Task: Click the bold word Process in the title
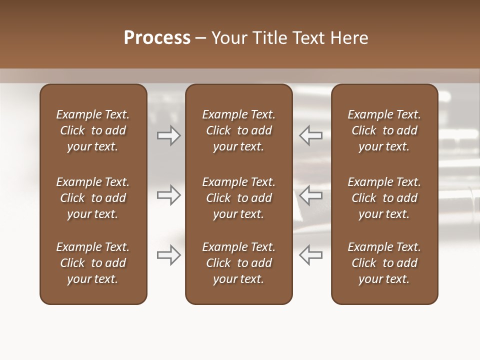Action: pyautogui.click(x=157, y=38)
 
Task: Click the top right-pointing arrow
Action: pyautogui.click(x=168, y=135)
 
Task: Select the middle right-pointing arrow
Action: pyautogui.click(x=168, y=195)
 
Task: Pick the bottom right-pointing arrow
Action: pyautogui.click(x=168, y=255)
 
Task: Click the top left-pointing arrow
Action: pyautogui.click(x=311, y=135)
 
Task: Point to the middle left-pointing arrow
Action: pyautogui.click(x=311, y=195)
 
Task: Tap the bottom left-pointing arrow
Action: pyautogui.click(x=311, y=255)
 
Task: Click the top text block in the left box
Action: pyautogui.click(x=93, y=130)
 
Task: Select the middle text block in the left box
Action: pyautogui.click(x=93, y=198)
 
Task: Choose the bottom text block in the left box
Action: pyautogui.click(x=93, y=263)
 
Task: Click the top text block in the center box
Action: pyautogui.click(x=239, y=130)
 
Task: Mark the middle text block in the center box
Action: pyautogui.click(x=239, y=198)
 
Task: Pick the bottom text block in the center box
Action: pyautogui.click(x=239, y=263)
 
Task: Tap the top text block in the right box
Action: pyautogui.click(x=384, y=130)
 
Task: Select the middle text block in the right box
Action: pyautogui.click(x=384, y=198)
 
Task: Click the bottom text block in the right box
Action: pyautogui.click(x=384, y=263)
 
